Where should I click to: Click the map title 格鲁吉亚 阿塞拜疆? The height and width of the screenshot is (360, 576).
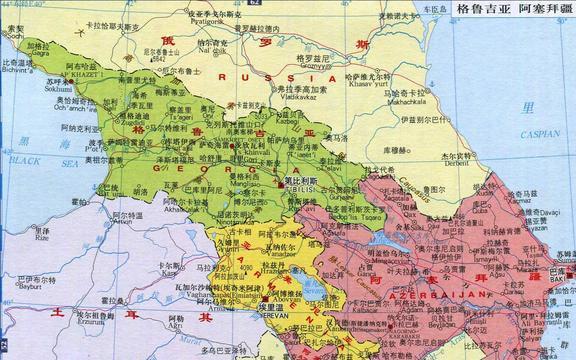coord(513,10)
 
